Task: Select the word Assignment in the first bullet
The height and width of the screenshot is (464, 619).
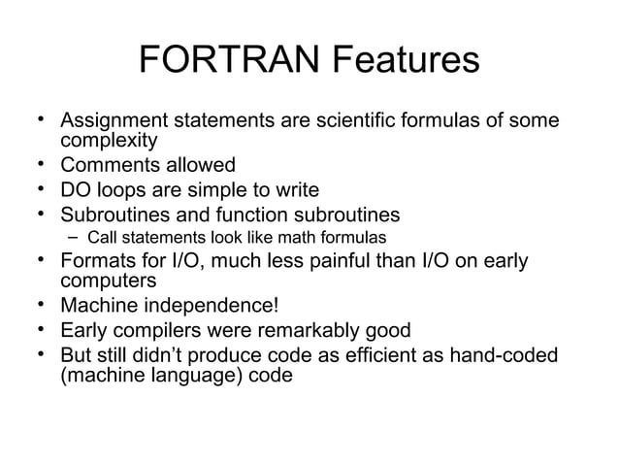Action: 114,122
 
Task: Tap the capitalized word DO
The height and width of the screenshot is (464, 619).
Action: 77,189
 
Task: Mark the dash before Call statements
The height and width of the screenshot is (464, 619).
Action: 73,237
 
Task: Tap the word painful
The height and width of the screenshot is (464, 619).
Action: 335,260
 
